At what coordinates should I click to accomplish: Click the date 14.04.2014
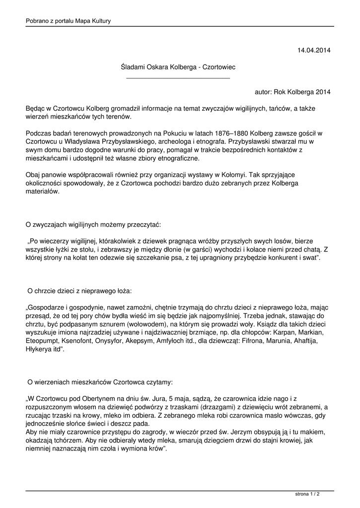point(314,51)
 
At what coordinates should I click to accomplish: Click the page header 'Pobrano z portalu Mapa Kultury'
point(69,21)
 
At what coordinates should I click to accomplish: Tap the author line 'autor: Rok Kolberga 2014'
point(292,92)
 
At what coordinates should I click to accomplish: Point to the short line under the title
point(178,78)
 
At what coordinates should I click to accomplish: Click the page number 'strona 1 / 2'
point(307,494)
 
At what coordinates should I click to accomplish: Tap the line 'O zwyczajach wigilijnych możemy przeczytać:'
point(93,224)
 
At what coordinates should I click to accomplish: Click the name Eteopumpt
point(43,341)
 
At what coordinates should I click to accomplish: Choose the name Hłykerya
point(41,349)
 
